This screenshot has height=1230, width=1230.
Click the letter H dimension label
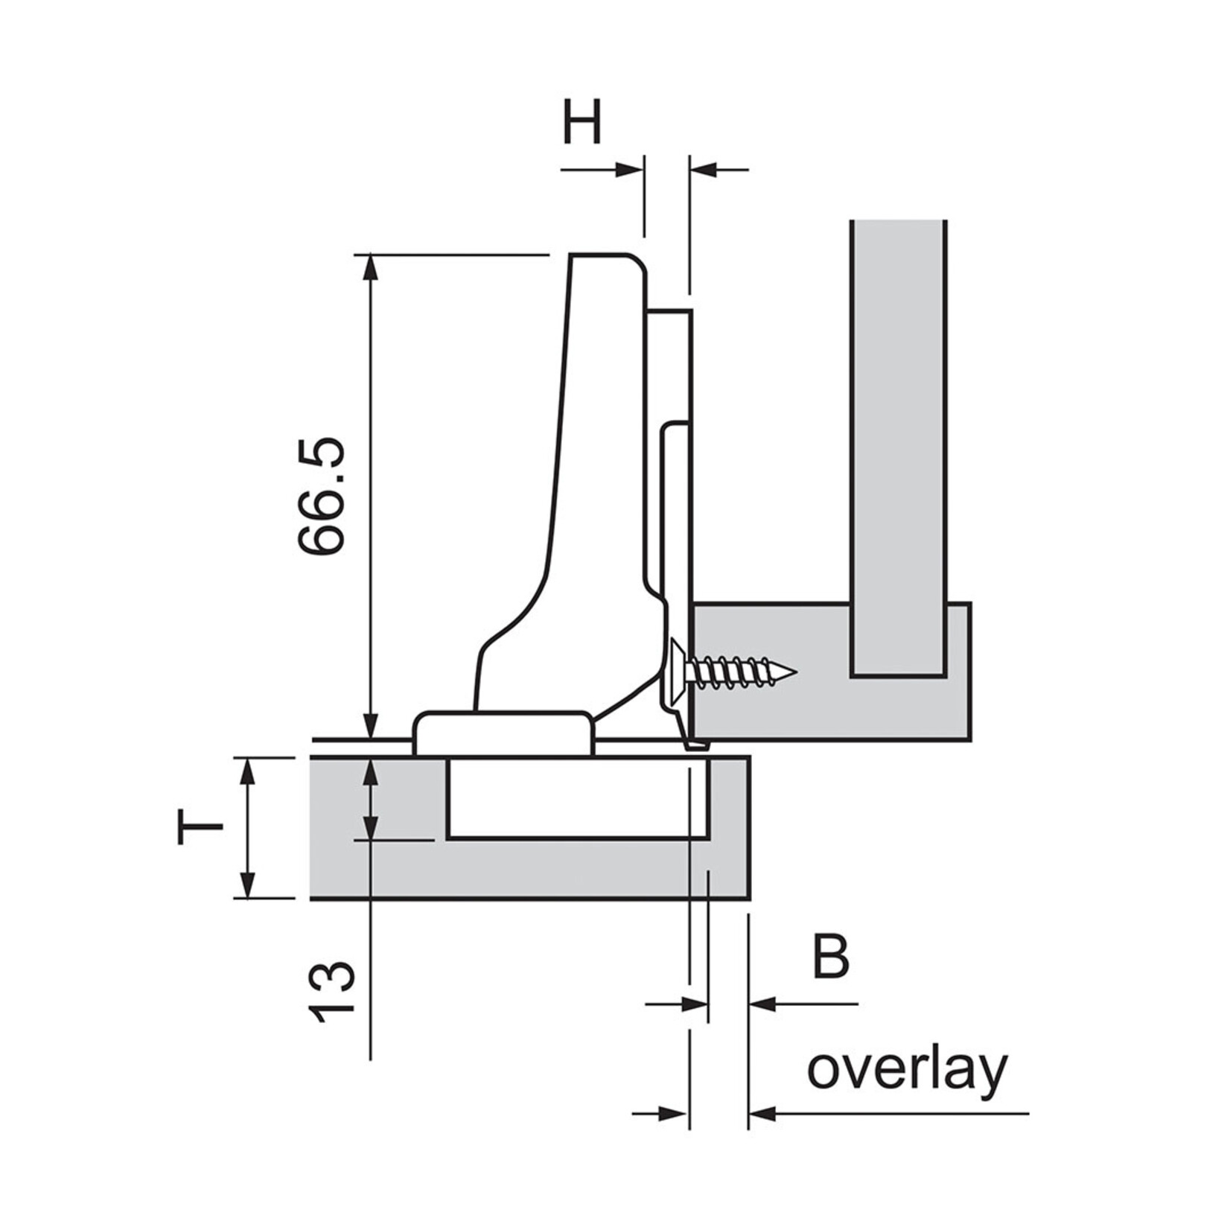[581, 123]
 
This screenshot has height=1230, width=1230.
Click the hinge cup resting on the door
[503, 734]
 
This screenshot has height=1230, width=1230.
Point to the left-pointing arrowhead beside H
[703, 170]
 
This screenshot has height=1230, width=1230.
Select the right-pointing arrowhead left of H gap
[630, 170]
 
